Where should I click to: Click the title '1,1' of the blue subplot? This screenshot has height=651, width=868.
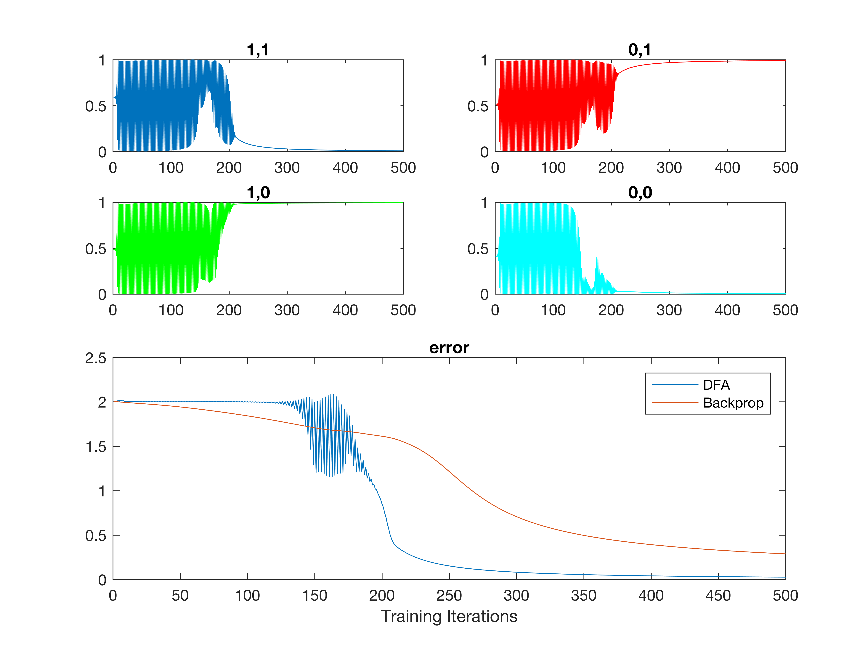pos(258,50)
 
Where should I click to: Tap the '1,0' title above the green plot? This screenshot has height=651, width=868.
pos(258,193)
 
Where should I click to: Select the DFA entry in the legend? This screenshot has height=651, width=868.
pos(716,385)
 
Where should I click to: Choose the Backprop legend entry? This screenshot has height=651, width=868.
pos(733,403)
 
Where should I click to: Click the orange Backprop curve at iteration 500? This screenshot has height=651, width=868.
pos(785,554)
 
